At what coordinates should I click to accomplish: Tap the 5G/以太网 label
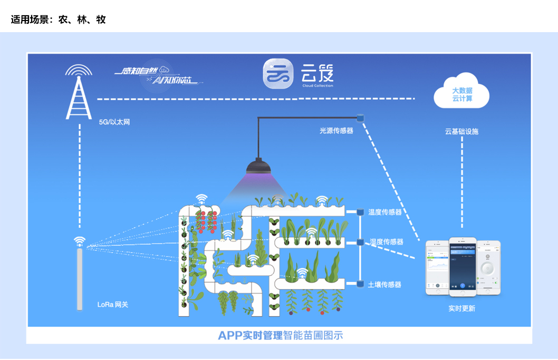(114, 122)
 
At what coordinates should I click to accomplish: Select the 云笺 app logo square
(278, 74)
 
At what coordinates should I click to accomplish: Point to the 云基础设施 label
(461, 132)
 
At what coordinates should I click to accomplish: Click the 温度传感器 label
(385, 212)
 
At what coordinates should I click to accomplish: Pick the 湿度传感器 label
(387, 241)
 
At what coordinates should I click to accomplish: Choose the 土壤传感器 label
(384, 285)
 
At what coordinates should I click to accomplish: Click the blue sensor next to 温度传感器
(360, 212)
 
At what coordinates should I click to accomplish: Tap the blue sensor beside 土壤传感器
(360, 284)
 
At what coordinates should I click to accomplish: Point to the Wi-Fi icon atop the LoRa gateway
(80, 241)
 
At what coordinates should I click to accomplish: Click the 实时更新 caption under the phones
(461, 308)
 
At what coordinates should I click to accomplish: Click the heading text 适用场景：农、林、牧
(58, 20)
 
